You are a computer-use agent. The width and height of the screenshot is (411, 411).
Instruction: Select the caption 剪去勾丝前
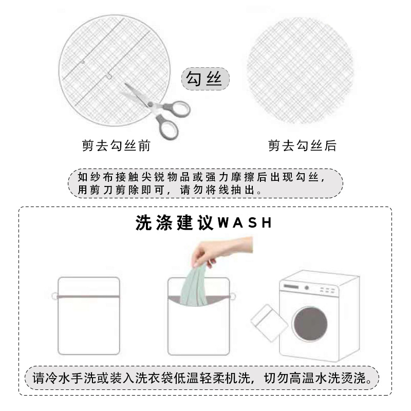tap(116, 146)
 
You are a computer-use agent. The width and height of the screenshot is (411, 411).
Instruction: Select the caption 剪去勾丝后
tap(302, 146)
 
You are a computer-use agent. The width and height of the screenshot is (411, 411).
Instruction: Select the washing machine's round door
tap(310, 326)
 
